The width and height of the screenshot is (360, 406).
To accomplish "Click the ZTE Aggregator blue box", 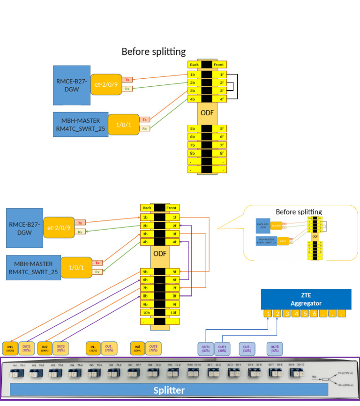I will point(306,299).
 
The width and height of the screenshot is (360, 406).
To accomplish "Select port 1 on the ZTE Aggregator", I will point(267,314).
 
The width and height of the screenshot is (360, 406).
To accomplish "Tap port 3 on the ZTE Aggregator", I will point(285,314).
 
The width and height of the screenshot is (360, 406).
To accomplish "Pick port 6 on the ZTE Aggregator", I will point(314,314).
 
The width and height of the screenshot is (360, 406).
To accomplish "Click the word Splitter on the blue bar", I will point(169,390).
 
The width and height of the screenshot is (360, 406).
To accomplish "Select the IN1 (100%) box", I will point(10,348).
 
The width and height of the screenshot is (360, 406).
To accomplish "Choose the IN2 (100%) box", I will point(45,348).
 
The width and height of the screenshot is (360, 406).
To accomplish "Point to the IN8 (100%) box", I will point(137,348).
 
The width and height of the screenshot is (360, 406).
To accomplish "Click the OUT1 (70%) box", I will point(27,348).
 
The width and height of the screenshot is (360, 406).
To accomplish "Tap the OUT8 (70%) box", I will point(153,348).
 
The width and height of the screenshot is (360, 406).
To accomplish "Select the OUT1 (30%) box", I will point(205,348).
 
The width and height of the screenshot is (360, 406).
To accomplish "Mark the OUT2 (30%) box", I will point(222,348).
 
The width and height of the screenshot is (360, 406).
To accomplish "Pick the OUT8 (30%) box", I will point(275,348).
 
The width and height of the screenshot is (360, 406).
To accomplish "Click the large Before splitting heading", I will point(153,52).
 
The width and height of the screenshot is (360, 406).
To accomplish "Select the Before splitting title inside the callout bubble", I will point(299,212).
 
